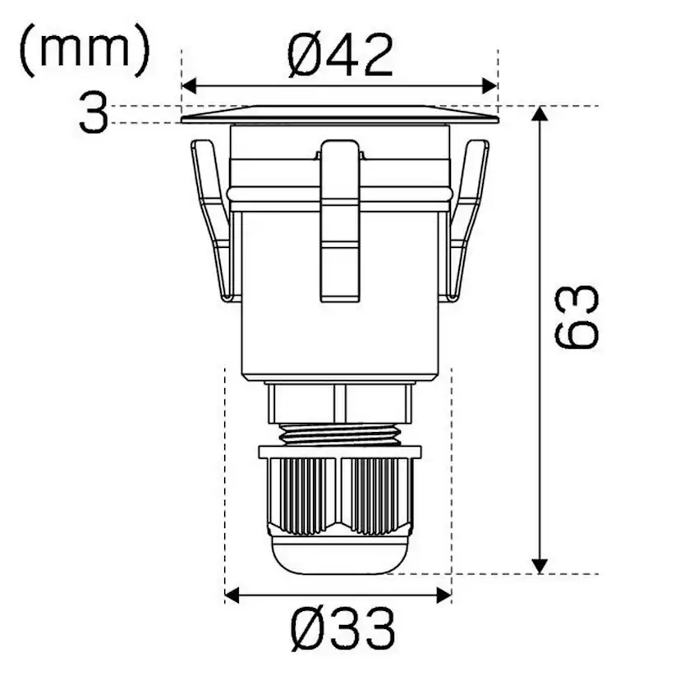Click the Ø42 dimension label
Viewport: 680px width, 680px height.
(x=341, y=56)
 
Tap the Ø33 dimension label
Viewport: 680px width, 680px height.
(x=342, y=630)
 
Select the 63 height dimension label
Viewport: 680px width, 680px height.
(x=577, y=316)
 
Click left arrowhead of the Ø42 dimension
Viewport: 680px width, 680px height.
(x=190, y=86)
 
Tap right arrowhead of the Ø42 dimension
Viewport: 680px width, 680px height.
(x=489, y=86)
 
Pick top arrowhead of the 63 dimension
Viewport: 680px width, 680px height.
(x=539, y=113)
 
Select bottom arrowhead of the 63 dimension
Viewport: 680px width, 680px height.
(x=539, y=566)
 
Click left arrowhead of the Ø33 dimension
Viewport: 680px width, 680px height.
(x=233, y=595)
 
